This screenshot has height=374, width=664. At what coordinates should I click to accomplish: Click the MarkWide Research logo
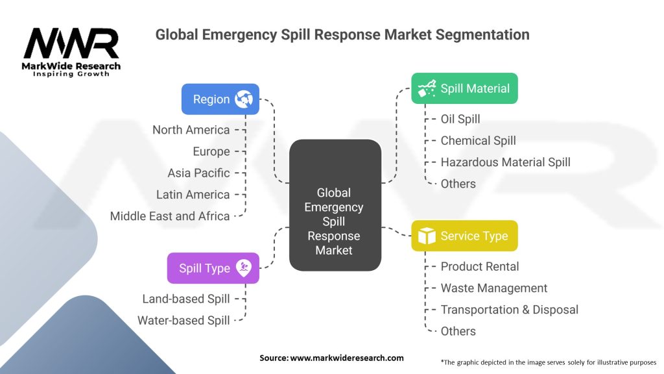71,52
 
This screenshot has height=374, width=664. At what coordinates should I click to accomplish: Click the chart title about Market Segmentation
342,34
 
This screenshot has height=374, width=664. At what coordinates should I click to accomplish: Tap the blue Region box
220,99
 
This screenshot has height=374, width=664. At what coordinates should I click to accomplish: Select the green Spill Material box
464,88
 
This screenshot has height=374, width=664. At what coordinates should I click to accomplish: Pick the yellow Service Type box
464,236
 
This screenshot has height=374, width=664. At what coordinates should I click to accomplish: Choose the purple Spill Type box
213,268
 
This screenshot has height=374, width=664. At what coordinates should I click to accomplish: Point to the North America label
191,130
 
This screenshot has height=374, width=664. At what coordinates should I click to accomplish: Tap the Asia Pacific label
198,173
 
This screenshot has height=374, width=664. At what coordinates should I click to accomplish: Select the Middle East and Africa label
170,216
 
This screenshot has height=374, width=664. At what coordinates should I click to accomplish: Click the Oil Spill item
460,119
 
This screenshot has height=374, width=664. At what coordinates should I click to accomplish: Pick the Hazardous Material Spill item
505,162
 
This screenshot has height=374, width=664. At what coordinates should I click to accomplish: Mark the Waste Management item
494,288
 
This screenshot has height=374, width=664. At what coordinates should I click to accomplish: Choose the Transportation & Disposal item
509,310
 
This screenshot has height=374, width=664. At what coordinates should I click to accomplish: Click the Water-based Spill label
184,320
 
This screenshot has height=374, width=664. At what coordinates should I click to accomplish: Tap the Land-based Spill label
186,299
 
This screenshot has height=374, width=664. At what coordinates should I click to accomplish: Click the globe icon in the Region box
244,99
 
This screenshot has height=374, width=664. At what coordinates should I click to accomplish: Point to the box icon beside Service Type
427,236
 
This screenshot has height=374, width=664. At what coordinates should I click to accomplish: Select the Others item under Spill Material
458,184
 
